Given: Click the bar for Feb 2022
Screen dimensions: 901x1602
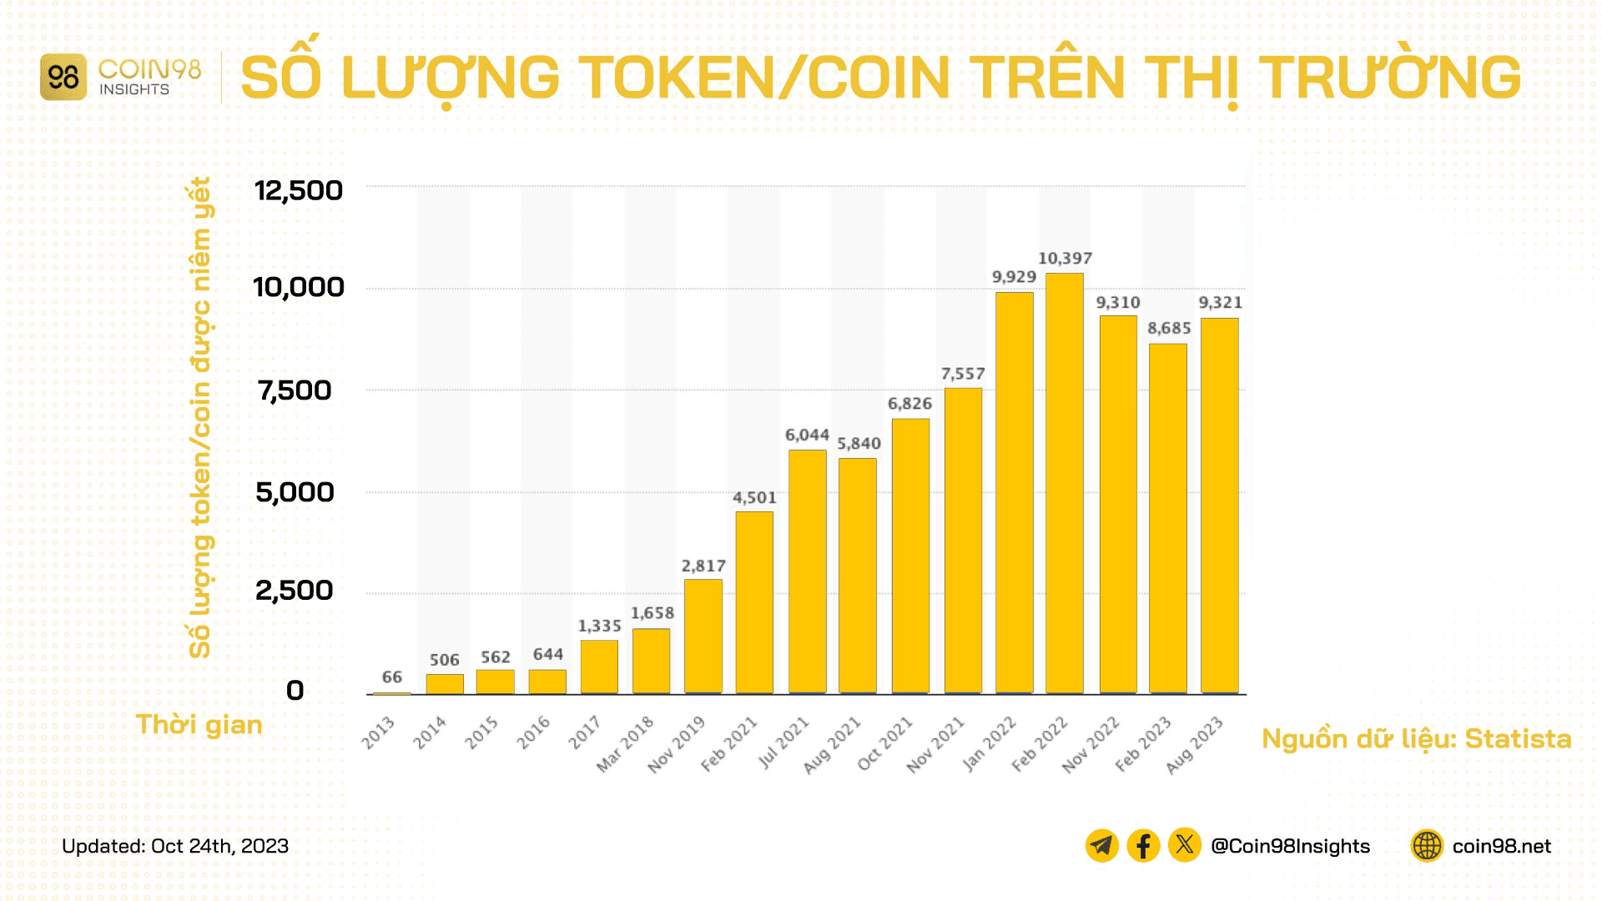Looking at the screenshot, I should (1065, 484).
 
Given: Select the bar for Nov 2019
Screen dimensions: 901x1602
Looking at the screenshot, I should (703, 637).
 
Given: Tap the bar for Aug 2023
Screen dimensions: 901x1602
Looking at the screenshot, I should (1219, 506).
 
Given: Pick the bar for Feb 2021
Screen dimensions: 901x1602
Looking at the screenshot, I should (754, 602).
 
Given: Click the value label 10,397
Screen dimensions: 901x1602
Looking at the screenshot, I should (1065, 259).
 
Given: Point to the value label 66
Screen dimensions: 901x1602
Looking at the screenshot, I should (391, 677).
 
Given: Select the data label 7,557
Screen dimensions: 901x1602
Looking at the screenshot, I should (963, 374).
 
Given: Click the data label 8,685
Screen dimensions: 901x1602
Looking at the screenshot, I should (1168, 328).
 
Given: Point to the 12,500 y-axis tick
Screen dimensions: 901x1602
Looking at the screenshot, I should (298, 190).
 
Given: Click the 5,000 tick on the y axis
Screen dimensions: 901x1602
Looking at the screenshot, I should (295, 492).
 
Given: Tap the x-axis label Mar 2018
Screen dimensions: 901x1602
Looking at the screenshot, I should (625, 744).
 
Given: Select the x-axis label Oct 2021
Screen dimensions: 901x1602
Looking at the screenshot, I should (885, 743).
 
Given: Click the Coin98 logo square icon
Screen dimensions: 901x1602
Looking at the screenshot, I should (63, 78).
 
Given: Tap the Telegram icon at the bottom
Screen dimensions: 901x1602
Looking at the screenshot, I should (1101, 845).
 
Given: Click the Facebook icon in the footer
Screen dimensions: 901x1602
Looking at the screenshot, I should (1143, 845).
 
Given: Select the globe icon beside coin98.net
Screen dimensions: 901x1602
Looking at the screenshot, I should (1427, 845).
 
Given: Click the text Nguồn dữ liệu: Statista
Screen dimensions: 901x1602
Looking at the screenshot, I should (1416, 738).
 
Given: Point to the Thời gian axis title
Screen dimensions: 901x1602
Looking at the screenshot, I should (199, 724).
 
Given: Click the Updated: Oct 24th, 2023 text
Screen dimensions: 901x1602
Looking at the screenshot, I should (175, 845).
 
